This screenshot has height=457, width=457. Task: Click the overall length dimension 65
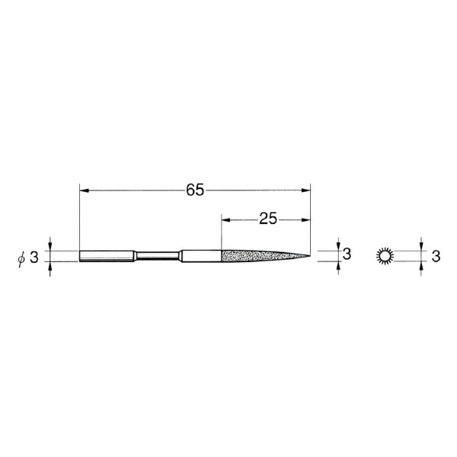click(195, 190)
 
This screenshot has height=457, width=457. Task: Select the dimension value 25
click(268, 219)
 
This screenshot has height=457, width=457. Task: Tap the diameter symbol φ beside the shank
click(21, 258)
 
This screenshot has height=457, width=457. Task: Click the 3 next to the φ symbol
click(34, 257)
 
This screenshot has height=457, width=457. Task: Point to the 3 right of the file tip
click(347, 254)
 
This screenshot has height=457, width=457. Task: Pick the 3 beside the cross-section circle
click(436, 257)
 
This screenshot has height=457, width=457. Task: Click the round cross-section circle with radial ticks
click(385, 256)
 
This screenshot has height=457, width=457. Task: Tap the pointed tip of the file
click(310, 256)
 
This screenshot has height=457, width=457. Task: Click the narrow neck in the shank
click(158, 256)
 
